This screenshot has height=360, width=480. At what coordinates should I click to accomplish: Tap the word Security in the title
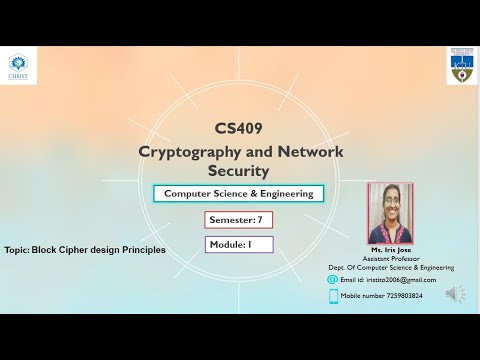tap(238, 171)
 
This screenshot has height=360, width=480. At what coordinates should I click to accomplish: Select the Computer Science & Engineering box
tap(238, 193)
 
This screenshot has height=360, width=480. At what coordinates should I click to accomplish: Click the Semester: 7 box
tap(238, 219)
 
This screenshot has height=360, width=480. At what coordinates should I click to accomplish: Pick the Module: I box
tap(238, 244)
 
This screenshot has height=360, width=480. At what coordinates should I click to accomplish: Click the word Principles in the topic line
tap(142, 249)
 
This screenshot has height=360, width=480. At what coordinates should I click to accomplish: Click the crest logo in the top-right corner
tap(461, 65)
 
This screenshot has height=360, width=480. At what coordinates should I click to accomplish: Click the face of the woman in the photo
tap(390, 206)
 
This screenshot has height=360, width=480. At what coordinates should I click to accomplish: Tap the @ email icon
tap(333, 280)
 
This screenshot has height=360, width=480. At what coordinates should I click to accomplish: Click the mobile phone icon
tap(333, 296)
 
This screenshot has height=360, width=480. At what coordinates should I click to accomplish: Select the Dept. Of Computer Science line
tap(390, 267)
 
